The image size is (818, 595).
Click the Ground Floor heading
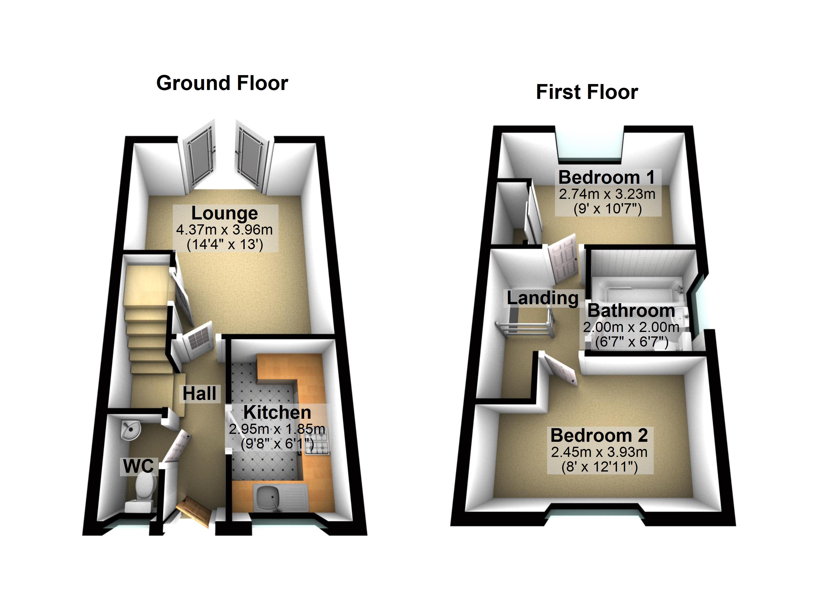coord(222,83)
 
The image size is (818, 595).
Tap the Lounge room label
coord(224,213)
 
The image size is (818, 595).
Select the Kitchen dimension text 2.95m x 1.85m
coord(277,429)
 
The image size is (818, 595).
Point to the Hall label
coord(200,393)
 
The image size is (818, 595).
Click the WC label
coord(139,466)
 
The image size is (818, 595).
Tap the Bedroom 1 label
coord(606,178)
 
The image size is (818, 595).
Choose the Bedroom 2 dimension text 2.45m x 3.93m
coord(599,452)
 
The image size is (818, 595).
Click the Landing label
coord(542,298)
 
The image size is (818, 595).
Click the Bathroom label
coord(631,311)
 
